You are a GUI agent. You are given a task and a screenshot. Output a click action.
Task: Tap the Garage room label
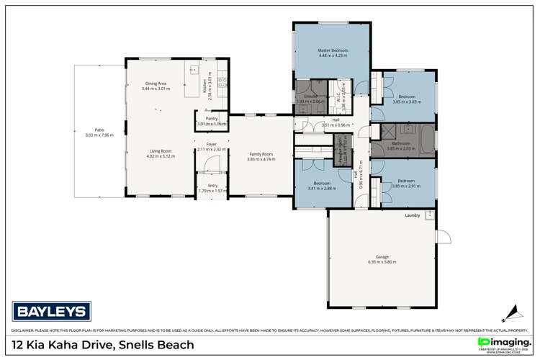(382, 256)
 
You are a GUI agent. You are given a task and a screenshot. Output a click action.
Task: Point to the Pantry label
(211, 118)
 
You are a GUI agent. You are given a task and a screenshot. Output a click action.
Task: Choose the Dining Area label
(156, 84)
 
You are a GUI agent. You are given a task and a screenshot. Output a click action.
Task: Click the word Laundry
(413, 215)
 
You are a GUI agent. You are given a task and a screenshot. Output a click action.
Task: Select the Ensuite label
(310, 96)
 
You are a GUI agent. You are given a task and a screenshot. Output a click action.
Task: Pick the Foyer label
(211, 144)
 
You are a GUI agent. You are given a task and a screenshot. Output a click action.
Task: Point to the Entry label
(211, 185)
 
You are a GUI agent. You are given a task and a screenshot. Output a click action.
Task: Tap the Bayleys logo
(52, 312)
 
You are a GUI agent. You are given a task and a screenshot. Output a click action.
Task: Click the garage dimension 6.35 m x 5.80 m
(382, 262)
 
